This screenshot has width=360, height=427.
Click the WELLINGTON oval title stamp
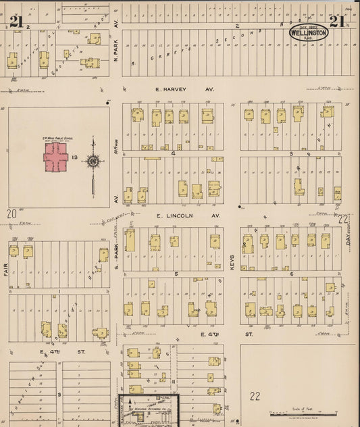[x=309, y=32]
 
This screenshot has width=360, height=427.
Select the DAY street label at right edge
[x=349, y=234]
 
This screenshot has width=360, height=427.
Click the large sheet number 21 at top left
[x=16, y=20]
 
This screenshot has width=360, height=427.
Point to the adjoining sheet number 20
[x=11, y=214]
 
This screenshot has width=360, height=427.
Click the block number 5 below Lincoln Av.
[x=176, y=274]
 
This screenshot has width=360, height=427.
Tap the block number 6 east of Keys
[x=292, y=274]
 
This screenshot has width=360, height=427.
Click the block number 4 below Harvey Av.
[x=174, y=153]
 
